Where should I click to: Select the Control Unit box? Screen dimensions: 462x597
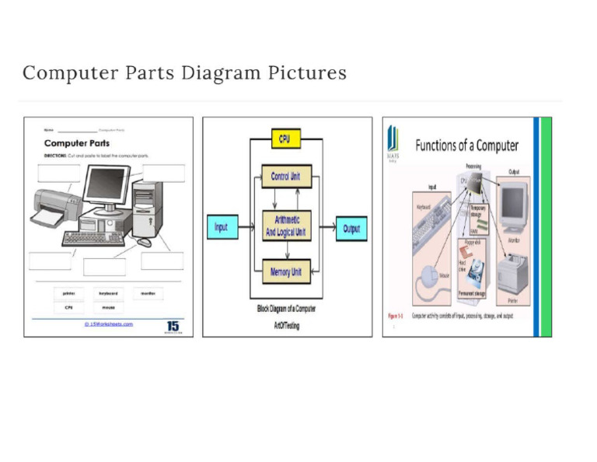(285, 177)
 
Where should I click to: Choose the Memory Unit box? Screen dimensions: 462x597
(285, 272)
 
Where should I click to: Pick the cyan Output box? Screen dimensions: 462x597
(351, 228)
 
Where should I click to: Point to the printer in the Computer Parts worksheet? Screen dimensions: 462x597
(56, 205)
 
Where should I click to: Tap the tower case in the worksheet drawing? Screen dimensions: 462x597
(147, 208)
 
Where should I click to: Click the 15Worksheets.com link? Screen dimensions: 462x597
(109, 324)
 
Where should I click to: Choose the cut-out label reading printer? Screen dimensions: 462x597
(68, 293)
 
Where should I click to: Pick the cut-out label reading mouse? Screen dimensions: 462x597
(107, 307)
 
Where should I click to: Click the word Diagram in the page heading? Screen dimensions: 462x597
(210, 73)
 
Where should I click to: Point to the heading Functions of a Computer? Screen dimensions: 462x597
(466, 145)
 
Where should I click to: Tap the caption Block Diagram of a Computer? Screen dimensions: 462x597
(286, 309)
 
